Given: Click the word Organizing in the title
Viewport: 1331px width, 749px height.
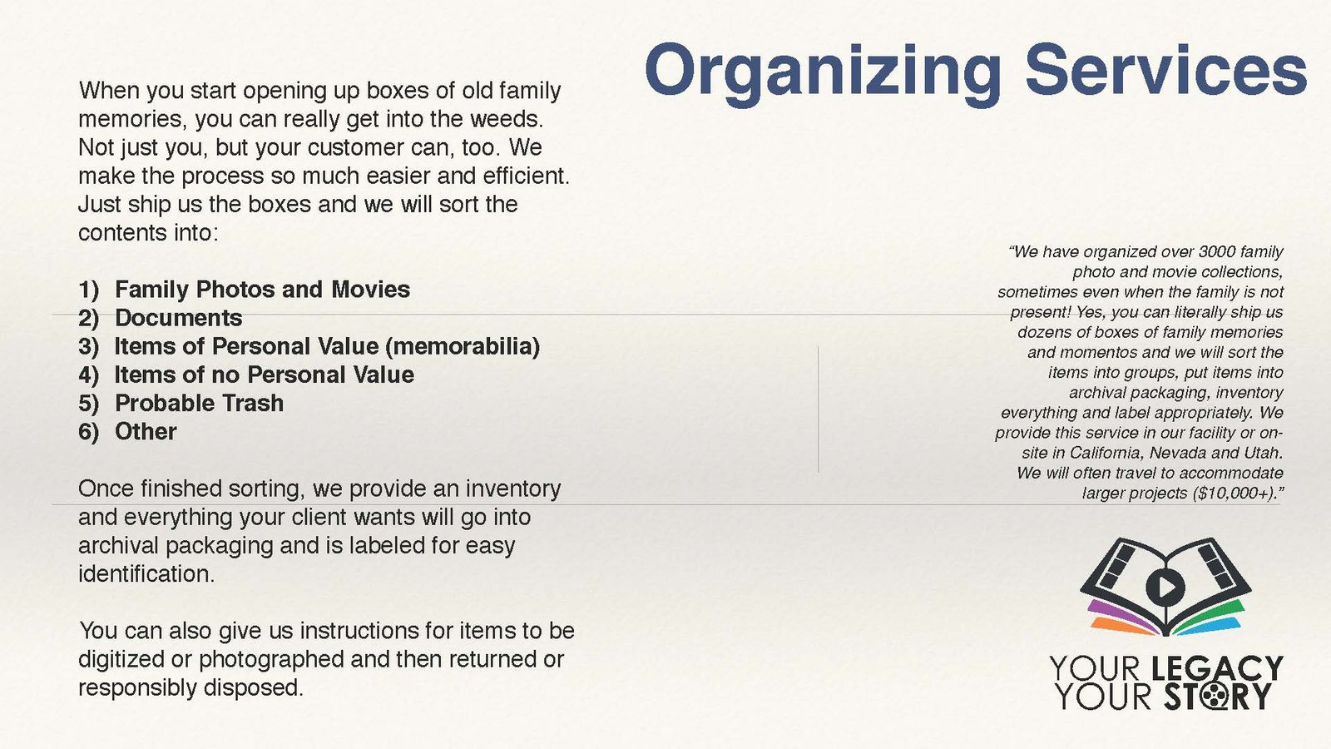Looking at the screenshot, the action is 824,73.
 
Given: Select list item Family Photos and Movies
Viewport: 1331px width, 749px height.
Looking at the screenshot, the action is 262,290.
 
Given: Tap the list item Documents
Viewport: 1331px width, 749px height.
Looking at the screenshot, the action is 178,318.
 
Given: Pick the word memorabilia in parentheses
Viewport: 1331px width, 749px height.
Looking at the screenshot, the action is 463,346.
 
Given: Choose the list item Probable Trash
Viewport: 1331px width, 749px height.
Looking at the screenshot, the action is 199,404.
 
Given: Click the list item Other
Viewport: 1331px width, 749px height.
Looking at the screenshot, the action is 146,432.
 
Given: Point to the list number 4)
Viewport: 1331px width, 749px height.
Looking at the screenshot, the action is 88,375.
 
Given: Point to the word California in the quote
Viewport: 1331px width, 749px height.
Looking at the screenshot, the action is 1107,453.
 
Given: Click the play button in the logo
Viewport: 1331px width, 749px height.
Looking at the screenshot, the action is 1165,588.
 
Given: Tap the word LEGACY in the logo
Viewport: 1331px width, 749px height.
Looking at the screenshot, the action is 1217,668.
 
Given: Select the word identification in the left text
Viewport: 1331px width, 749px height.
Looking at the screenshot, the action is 146,574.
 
